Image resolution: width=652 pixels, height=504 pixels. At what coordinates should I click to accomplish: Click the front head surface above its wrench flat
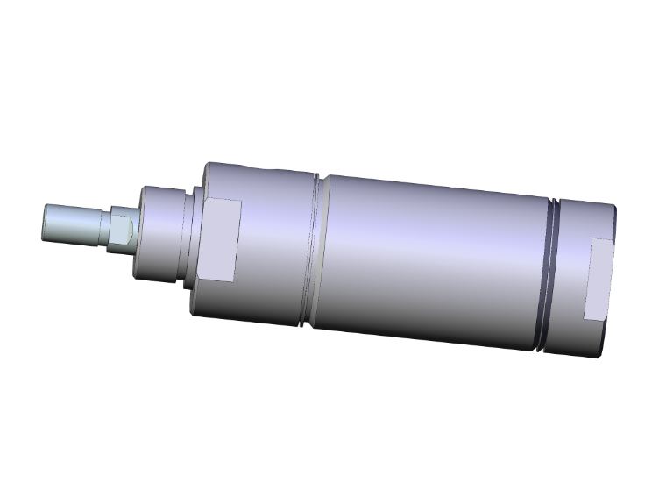(x=254, y=180)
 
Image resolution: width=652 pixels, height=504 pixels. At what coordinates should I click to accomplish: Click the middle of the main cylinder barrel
(x=429, y=263)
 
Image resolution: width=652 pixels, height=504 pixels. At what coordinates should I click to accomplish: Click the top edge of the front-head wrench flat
(x=223, y=201)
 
